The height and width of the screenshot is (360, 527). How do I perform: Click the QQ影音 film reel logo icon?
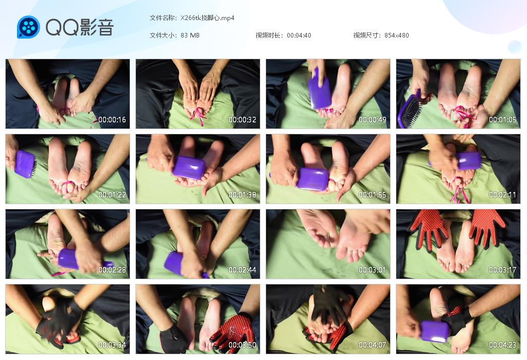coord(28,27)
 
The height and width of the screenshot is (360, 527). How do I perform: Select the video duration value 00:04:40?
coord(299,35)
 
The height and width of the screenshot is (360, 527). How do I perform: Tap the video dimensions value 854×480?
coord(397,35)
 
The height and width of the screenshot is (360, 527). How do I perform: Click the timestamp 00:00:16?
coord(112,120)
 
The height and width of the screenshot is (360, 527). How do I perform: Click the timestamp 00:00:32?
coord(242,120)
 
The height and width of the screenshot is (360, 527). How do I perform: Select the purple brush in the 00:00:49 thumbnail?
coord(320,89)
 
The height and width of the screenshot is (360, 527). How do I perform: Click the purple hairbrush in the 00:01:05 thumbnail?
coord(409,109)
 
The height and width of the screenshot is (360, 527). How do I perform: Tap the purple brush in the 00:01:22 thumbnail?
coord(25,163)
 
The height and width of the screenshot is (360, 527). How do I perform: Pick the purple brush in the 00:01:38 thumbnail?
coord(189,168)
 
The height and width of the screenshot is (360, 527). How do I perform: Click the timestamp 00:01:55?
coord(373,195)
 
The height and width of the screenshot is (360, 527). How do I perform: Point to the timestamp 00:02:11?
coord(503,195)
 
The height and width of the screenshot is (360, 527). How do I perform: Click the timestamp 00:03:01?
coord(373,270)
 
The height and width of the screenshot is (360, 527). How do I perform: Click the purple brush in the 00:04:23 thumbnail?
coord(435,331)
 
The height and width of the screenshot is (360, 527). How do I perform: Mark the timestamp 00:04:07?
coord(373,345)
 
